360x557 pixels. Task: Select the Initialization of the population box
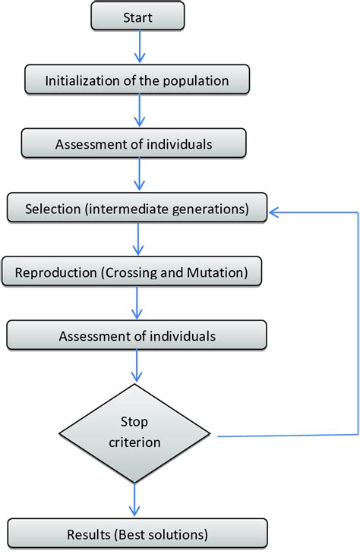point(137,80)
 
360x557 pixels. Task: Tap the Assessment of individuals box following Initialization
point(134,143)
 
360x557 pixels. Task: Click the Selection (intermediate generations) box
point(137,208)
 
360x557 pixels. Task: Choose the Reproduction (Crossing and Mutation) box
point(132,271)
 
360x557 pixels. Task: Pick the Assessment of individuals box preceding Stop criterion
point(137,335)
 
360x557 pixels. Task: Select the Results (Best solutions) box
point(137,534)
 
